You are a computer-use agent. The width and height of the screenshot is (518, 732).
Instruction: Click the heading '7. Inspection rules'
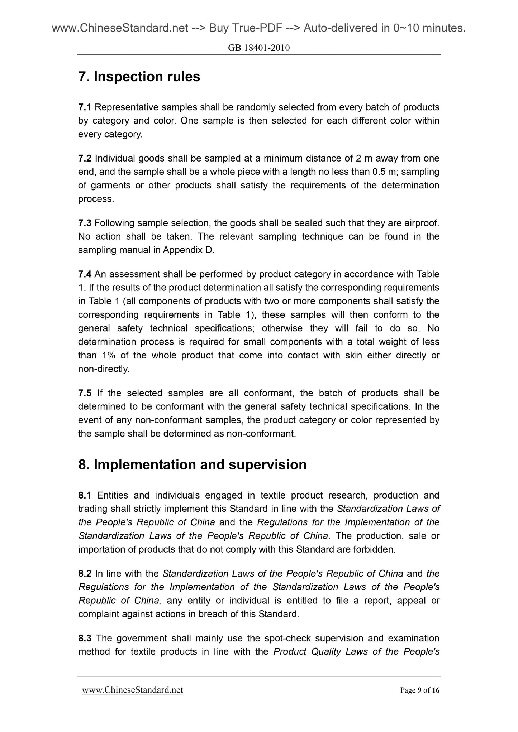click(139, 77)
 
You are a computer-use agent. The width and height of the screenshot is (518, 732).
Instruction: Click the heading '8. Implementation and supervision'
click(192, 465)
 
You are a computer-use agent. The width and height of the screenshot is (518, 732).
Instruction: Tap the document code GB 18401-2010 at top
click(259, 48)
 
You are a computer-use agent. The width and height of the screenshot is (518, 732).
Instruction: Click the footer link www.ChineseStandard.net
click(133, 690)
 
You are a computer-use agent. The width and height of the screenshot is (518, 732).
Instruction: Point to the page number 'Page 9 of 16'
click(419, 690)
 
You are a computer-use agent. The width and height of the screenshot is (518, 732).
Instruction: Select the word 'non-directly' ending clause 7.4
click(103, 369)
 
